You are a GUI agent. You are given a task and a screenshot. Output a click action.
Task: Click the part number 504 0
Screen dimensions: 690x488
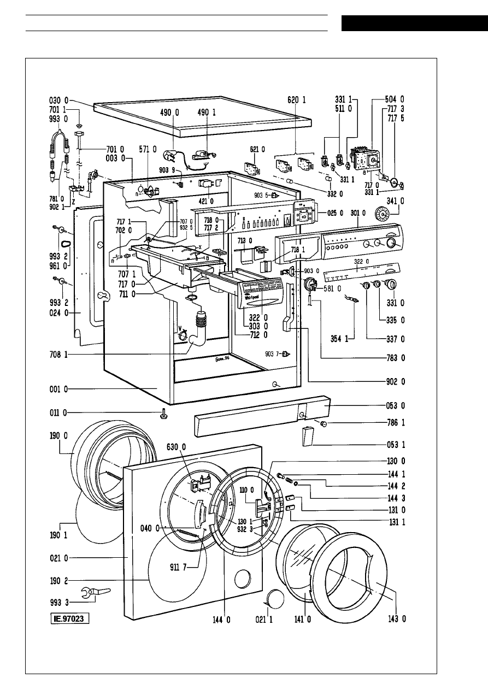coord(394,99)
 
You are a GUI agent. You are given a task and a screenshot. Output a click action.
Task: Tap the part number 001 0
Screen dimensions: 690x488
coord(57,390)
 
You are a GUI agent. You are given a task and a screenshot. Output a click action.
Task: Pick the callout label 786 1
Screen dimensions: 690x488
coord(394,423)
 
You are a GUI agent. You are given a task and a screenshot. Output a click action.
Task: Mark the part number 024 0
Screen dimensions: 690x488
coord(57,314)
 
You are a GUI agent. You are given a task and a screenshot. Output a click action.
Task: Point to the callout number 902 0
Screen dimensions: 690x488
coord(394,380)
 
